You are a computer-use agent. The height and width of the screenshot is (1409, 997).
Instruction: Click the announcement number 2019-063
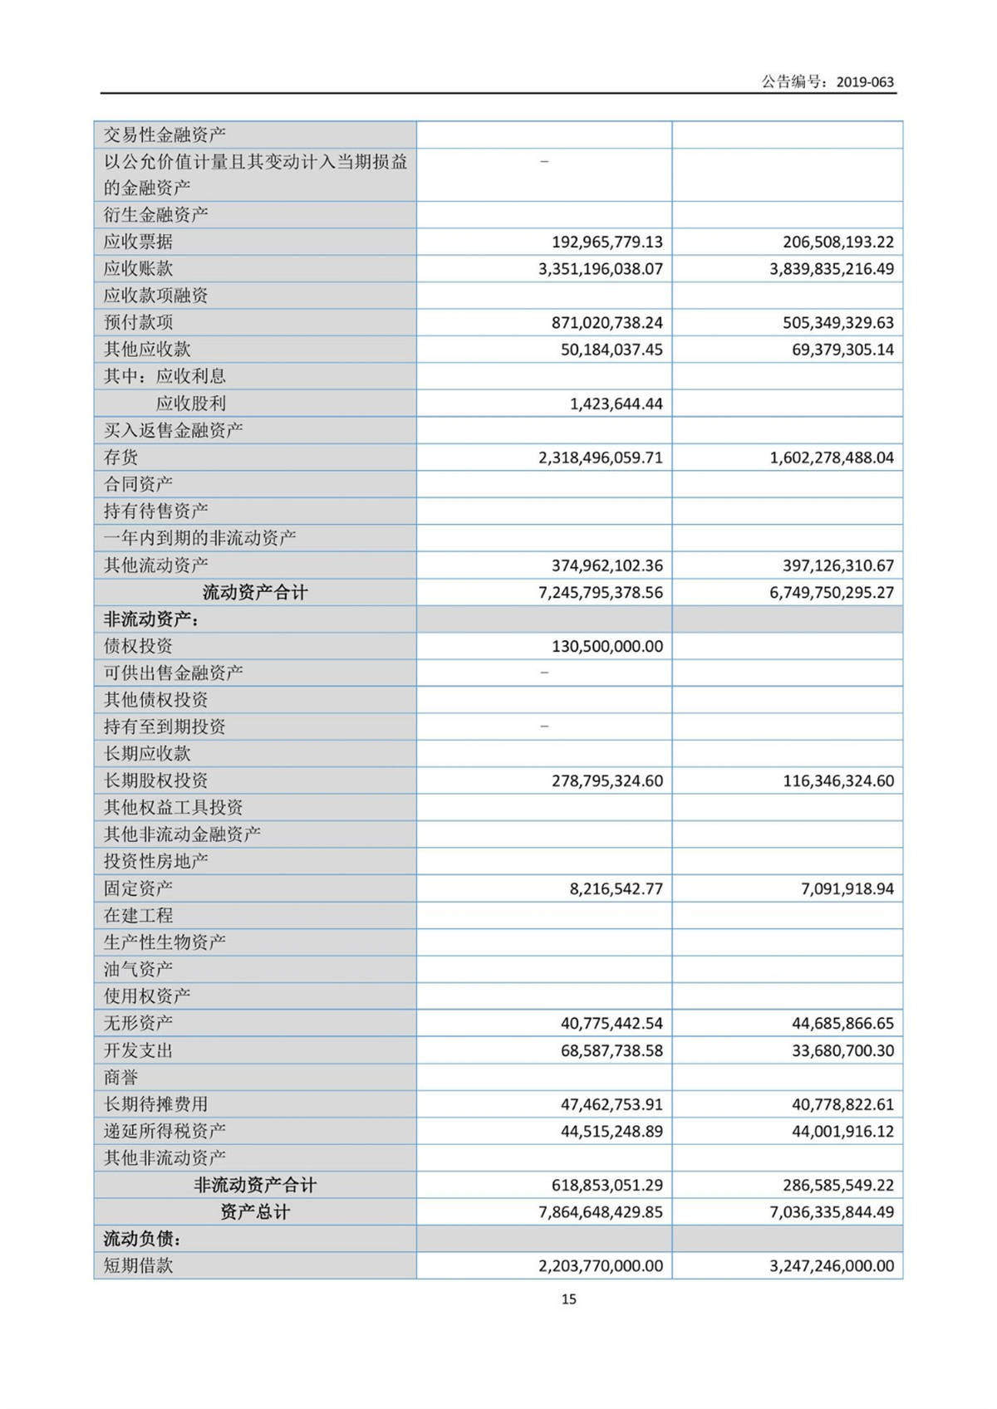[865, 82]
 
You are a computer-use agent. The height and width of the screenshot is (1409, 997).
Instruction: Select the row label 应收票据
[138, 242]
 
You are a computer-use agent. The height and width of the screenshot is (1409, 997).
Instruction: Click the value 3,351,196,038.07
[601, 269]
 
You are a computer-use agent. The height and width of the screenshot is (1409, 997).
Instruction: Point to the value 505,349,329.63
[832, 322]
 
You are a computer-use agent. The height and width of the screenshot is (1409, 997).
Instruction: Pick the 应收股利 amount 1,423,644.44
[616, 404]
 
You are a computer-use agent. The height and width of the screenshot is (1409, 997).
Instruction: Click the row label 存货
[121, 457]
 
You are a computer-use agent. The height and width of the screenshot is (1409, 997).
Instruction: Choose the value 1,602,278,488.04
[832, 457]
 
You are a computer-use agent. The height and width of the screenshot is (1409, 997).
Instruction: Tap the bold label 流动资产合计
[255, 593]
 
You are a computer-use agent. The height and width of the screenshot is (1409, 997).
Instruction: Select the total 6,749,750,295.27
[832, 593]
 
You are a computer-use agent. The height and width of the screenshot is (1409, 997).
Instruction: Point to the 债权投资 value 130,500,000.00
[607, 646]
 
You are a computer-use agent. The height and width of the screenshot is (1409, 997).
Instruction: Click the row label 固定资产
[138, 888]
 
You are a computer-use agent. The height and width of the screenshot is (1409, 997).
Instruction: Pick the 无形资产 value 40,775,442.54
[611, 1023]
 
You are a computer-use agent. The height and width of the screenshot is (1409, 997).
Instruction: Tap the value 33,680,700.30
[842, 1050]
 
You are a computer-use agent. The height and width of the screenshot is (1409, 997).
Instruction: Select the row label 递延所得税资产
[165, 1131]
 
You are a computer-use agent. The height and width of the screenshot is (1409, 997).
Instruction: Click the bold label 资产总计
[255, 1212]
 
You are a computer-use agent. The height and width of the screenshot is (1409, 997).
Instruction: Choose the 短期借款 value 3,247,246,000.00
[832, 1266]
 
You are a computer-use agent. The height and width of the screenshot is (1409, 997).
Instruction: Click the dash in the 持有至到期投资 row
[544, 727]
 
